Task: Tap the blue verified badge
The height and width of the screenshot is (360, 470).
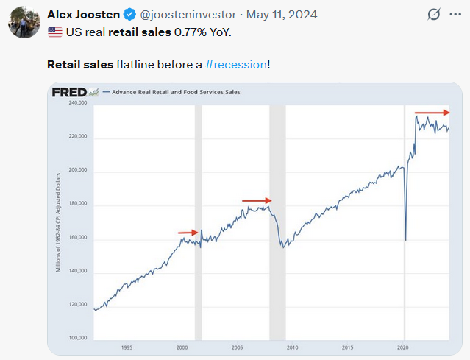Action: pyautogui.click(x=130, y=14)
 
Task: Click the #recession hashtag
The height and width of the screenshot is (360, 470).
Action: pyautogui.click(x=236, y=64)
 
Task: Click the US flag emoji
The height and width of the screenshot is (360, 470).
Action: pyautogui.click(x=54, y=32)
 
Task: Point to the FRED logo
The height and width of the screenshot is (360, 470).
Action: pyautogui.click(x=70, y=92)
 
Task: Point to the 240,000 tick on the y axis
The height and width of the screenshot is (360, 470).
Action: pyautogui.click(x=77, y=103)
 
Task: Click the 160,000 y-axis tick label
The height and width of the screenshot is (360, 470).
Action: pyautogui.click(x=77, y=237)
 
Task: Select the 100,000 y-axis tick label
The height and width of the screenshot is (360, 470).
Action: pyautogui.click(x=77, y=338)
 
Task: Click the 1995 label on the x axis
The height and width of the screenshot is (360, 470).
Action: pyautogui.click(x=127, y=347)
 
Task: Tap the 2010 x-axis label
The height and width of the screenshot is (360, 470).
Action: pyautogui.click(x=292, y=347)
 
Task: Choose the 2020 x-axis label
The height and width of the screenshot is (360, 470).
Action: pyautogui.click(x=402, y=347)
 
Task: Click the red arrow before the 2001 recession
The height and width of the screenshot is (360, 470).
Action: pyautogui.click(x=188, y=233)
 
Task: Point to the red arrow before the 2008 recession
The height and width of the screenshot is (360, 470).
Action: pyautogui.click(x=257, y=200)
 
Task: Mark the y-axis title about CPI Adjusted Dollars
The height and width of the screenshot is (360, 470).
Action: pyautogui.click(x=57, y=221)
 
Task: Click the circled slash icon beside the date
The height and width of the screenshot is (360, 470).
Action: pyautogui.click(x=434, y=14)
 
